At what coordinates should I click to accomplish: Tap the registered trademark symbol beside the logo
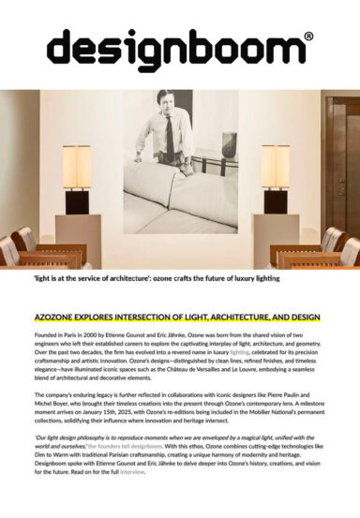coord(309,37)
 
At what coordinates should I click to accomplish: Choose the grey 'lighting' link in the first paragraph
coord(221,353)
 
